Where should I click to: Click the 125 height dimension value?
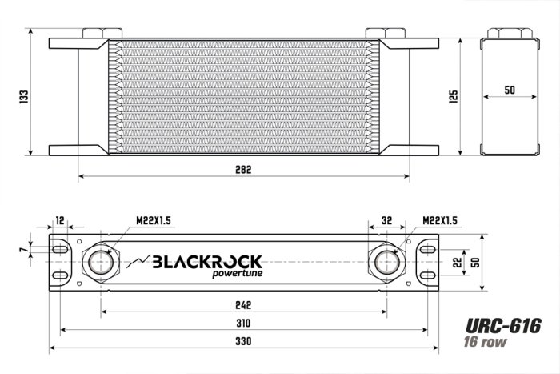coord(454,96)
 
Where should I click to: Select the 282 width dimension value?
coord(244,169)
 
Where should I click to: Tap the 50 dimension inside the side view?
coord(510,90)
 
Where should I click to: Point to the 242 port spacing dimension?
coord(244,305)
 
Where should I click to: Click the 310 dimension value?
coord(244,324)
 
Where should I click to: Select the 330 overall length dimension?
coord(244,342)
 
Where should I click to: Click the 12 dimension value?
coord(60,221)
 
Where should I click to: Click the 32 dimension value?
coord(387,221)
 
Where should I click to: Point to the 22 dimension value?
coord(456,262)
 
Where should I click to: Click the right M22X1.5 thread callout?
coord(439,221)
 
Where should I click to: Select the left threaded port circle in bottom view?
coord(102,262)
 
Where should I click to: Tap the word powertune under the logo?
coord(237,276)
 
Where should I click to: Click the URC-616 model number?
coord(503,326)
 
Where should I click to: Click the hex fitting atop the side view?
coord(510,32)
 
